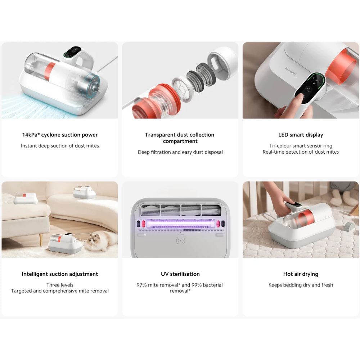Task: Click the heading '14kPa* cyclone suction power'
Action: tap(60, 135)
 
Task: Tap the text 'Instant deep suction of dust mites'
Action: tap(60, 146)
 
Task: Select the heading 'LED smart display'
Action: tap(301, 135)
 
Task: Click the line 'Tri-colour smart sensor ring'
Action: tap(301, 146)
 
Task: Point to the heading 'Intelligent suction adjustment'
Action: tap(60, 274)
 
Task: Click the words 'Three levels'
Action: tap(60, 285)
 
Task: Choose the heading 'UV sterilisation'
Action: tap(180, 274)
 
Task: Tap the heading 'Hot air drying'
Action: tap(301, 274)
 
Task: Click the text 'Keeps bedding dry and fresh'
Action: tap(301, 285)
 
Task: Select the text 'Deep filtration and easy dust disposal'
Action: tap(180, 152)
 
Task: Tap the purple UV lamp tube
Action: tap(180, 223)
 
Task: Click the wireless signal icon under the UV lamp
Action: tap(180, 240)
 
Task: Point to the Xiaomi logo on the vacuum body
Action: tap(291, 71)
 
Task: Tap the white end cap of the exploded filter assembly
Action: tap(222, 63)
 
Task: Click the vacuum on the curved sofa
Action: tap(85, 192)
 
